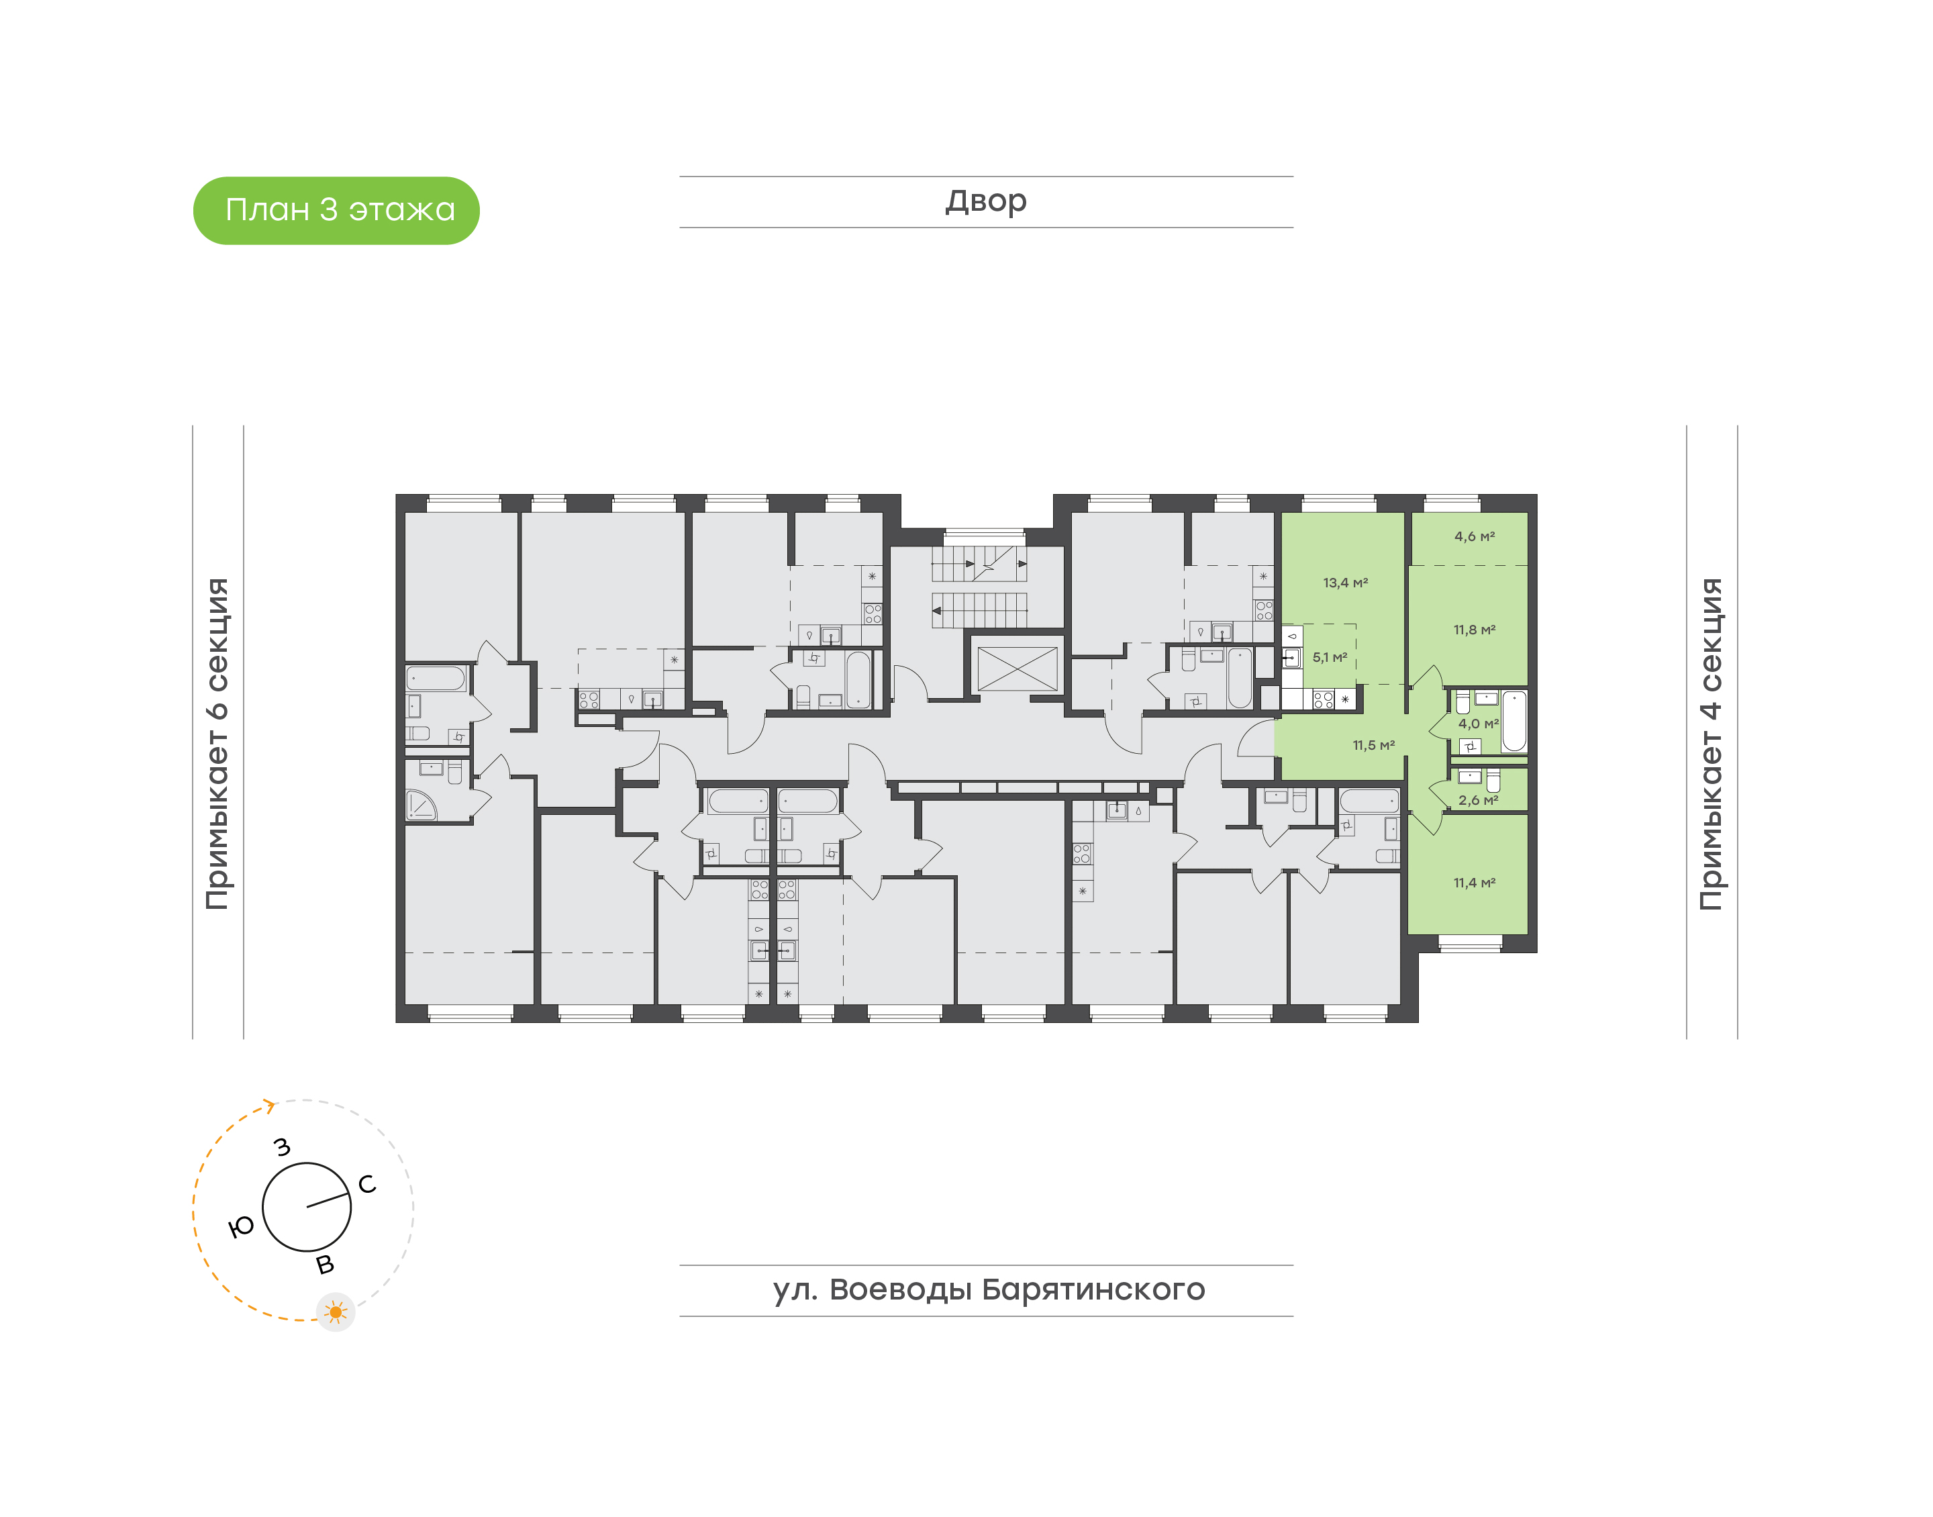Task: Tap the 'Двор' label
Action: [985, 201]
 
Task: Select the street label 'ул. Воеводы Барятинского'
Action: [988, 1289]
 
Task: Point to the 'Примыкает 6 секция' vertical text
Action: [217, 744]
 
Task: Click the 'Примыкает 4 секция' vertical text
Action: [1711, 744]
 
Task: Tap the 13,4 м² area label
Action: [1345, 583]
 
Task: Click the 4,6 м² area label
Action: [1474, 536]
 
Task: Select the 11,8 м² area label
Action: [1474, 630]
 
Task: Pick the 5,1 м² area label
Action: [1329, 657]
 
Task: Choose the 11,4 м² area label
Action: [1474, 883]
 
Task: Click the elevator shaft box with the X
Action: [1017, 669]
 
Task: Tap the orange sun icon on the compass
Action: [336, 1312]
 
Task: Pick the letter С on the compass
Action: [366, 1184]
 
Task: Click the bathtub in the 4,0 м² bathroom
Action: [1514, 720]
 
